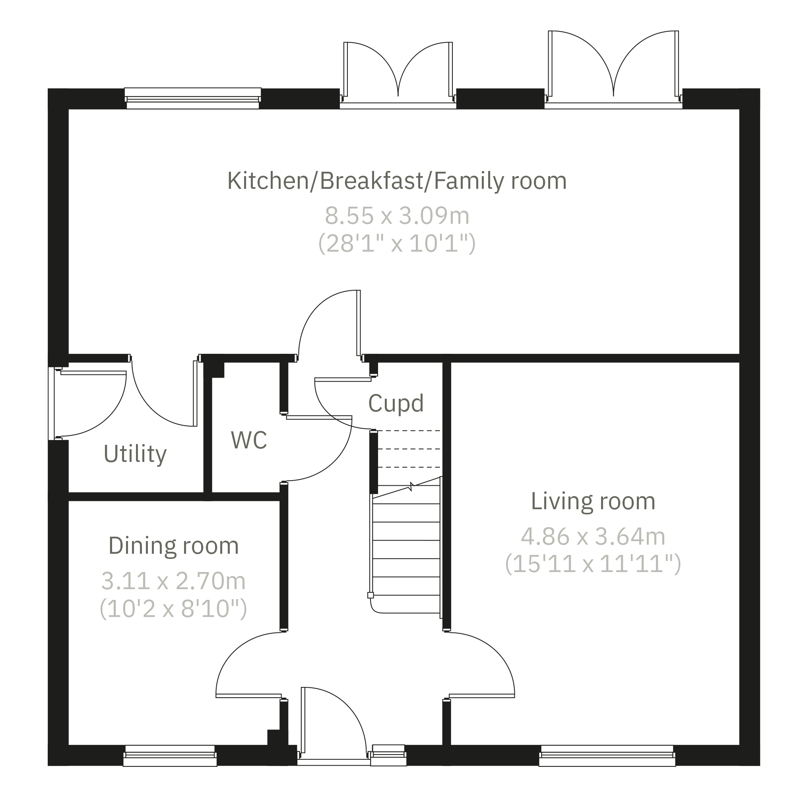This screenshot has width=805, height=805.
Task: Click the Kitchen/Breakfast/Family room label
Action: (397, 181)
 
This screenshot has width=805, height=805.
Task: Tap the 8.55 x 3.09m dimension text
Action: (397, 216)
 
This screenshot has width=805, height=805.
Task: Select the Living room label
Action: (593, 501)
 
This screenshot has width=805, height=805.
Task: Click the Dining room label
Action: (173, 546)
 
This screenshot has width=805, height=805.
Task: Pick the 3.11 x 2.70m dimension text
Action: (173, 581)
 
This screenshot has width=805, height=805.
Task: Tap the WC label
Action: (249, 440)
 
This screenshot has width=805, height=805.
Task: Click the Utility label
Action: (135, 454)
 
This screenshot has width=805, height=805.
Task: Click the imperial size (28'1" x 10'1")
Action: (397, 244)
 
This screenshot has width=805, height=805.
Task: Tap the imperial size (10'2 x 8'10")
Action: (173, 609)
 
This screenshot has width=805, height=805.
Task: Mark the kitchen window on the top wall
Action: (193, 98)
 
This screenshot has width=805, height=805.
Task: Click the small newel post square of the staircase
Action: (370, 596)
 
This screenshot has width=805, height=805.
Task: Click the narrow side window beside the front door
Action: (388, 755)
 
